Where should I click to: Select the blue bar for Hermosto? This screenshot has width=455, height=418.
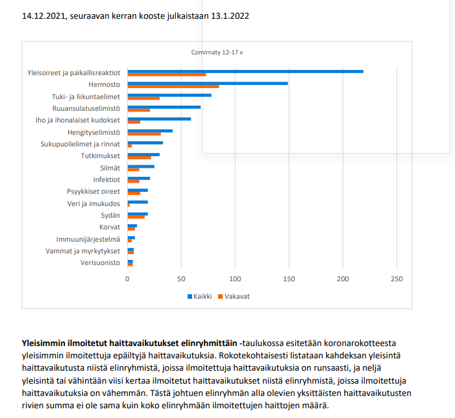[207, 83]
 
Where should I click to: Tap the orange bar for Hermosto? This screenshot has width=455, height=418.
[173, 86]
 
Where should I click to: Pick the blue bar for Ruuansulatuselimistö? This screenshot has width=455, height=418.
[164, 106]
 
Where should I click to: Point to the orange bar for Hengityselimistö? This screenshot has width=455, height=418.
[143, 134]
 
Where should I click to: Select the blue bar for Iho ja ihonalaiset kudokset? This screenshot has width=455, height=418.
[159, 119]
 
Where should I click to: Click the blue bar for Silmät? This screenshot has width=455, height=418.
[140, 167]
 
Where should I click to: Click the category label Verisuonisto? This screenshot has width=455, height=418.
[100, 262]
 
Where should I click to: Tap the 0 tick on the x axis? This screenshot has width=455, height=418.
[127, 279]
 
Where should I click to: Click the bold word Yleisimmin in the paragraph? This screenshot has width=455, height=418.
[43, 342]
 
